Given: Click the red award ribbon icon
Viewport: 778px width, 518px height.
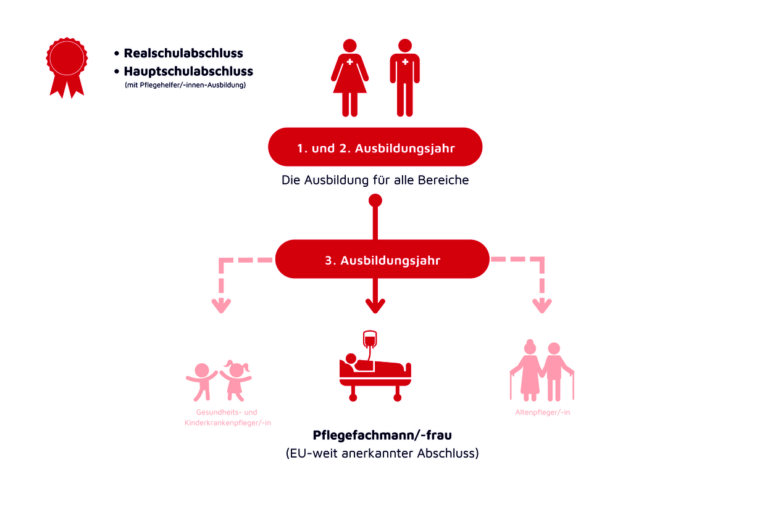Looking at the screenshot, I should tap(67, 65).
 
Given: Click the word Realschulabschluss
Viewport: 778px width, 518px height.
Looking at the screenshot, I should tap(183, 54).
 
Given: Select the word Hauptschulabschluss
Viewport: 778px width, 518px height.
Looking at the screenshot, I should tap(188, 72).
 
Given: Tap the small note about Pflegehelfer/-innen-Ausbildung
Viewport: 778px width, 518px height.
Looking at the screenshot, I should tap(185, 85).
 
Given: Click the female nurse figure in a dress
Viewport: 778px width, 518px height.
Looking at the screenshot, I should tap(349, 77).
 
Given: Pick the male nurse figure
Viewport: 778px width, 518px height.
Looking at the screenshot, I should tap(404, 77).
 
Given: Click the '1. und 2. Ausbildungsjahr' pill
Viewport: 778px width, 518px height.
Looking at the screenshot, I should tap(375, 147).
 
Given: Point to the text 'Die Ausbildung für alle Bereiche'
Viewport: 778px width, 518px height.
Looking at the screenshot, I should tap(375, 181).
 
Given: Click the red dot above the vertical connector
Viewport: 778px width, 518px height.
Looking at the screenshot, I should tap(375, 200).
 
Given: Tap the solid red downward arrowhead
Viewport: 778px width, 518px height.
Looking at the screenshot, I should tap(375, 305).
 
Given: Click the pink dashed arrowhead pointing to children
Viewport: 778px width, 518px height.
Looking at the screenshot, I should tap(221, 305).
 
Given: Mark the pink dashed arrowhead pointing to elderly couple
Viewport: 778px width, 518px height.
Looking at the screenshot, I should tap(542, 305).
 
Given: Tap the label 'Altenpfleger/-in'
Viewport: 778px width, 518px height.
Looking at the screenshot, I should tap(543, 412).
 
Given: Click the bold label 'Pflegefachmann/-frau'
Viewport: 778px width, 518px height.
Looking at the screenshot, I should tap(382, 435).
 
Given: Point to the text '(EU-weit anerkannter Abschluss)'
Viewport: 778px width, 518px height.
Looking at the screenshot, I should tap(382, 453).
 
